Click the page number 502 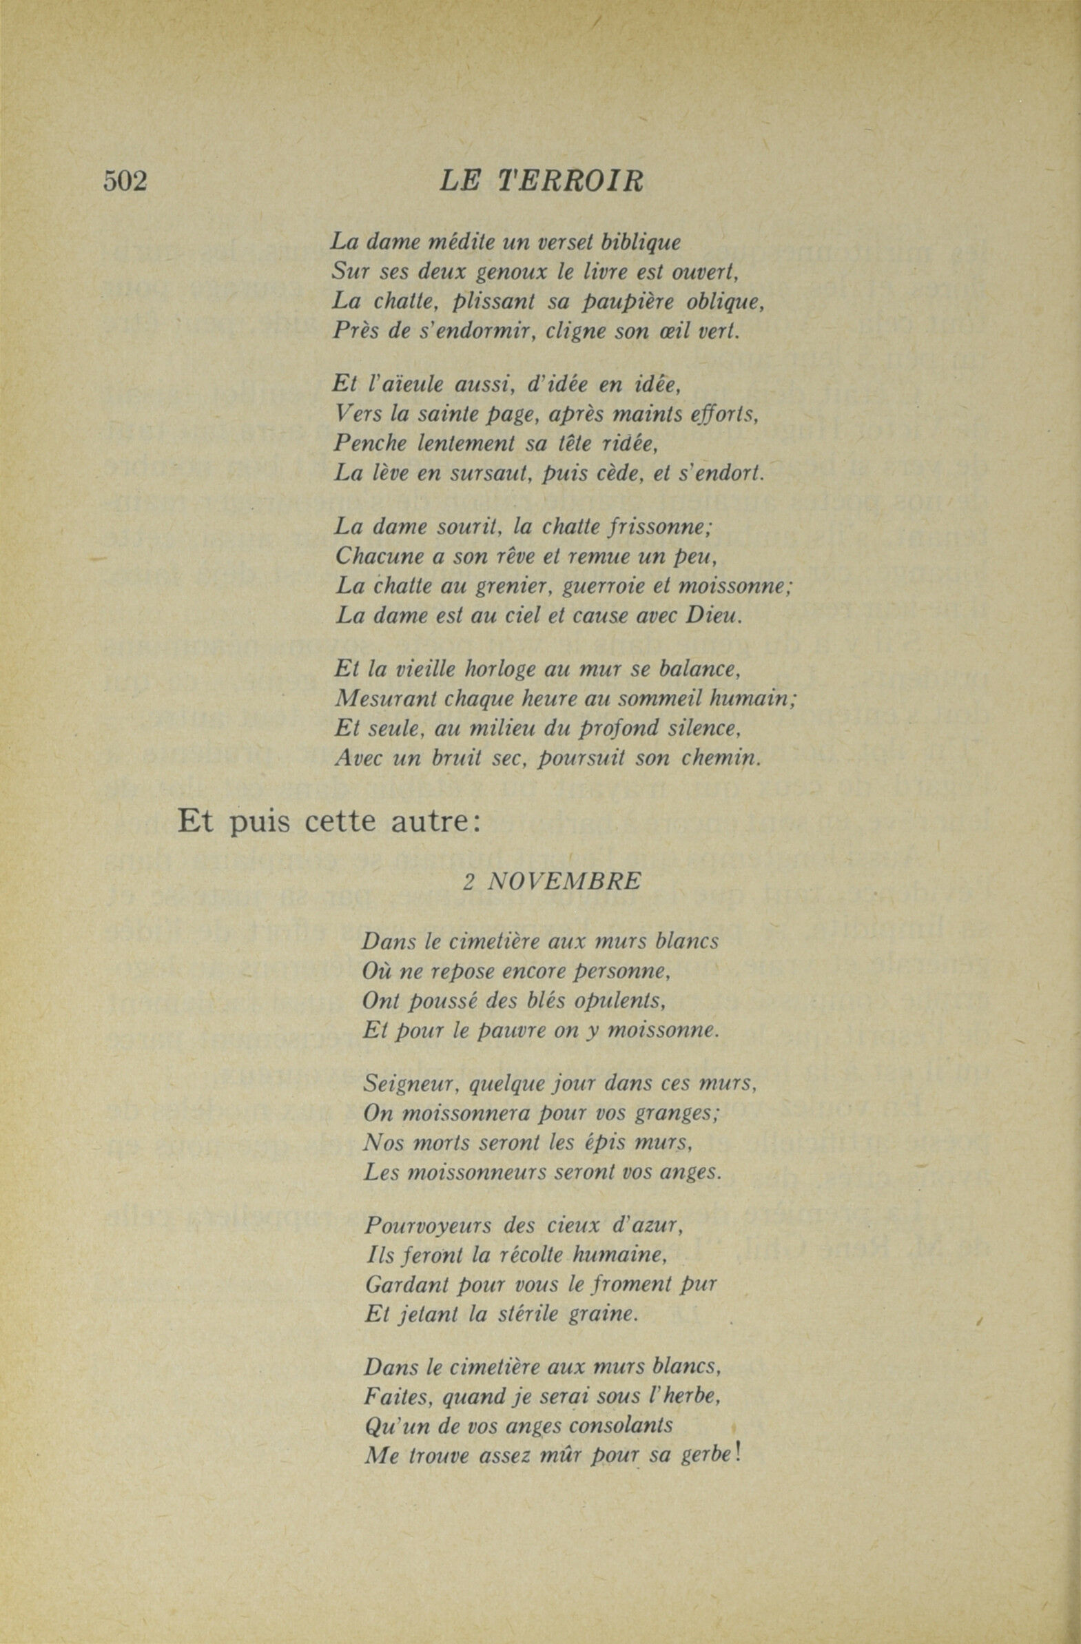pos(125,182)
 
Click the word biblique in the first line pos(641,243)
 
